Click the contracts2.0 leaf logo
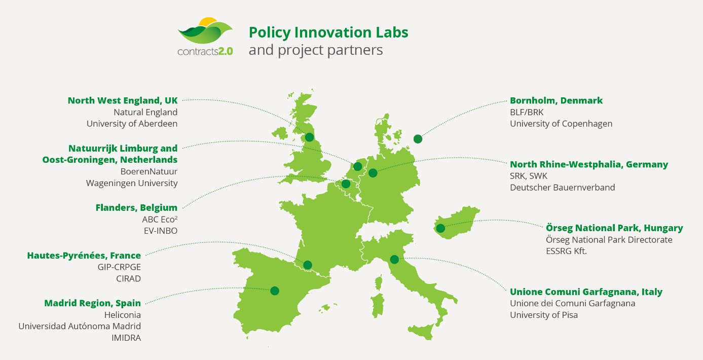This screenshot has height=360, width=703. [205, 37]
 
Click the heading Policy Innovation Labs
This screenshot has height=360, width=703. [328, 32]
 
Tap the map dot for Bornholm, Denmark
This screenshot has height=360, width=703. [418, 139]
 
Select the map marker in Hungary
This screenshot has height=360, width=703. [440, 228]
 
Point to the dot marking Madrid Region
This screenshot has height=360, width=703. [275, 291]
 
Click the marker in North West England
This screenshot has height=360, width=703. [310, 137]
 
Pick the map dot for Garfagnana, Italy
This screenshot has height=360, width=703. [394, 259]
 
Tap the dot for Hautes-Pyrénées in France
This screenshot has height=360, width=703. [308, 265]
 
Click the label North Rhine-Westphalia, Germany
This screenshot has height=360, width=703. [589, 164]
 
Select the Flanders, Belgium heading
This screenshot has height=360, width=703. [136, 207]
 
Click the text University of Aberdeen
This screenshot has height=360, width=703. [132, 124]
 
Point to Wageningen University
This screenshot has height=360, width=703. [132, 183]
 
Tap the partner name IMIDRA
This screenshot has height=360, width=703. [126, 338]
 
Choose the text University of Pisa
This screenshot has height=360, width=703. [544, 315]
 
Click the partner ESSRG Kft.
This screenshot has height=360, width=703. [567, 251]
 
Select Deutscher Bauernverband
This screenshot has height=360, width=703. [563, 188]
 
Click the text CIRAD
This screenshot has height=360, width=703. [128, 278]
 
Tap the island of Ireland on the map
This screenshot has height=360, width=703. [280, 133]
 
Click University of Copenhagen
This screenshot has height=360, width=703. [561, 124]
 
